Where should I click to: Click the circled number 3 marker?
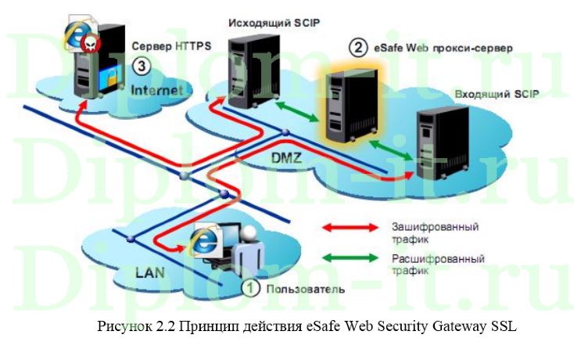tap(141, 65)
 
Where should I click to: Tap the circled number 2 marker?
tap(357, 48)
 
